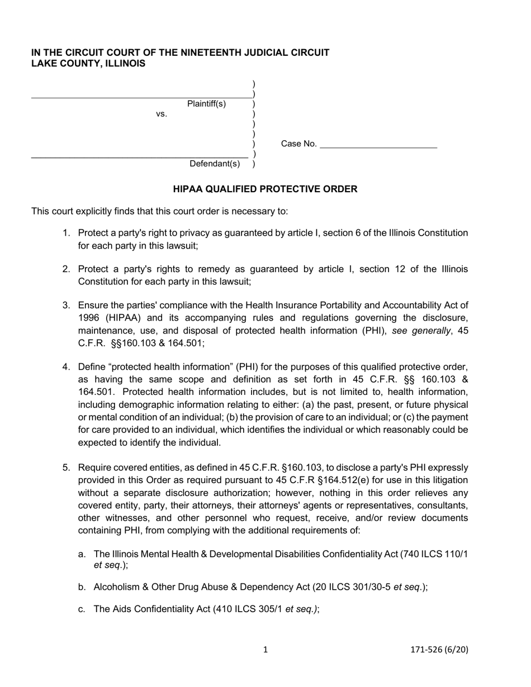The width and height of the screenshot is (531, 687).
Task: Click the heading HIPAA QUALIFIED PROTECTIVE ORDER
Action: click(265, 189)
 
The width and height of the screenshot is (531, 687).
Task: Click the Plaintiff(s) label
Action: click(206, 104)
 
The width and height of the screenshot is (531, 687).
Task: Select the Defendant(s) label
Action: click(215, 164)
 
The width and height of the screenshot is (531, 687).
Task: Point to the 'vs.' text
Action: click(162, 115)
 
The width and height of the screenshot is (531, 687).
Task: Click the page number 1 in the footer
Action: click(265, 649)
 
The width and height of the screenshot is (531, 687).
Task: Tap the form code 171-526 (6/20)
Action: click(439, 649)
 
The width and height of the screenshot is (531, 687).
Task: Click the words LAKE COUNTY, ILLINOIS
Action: click(88, 64)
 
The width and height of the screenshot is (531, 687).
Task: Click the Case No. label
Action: click(298, 144)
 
